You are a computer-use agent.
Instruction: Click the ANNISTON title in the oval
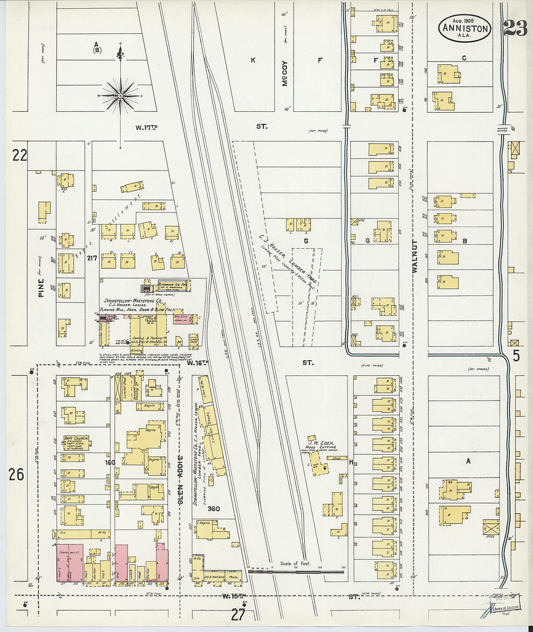[x=465, y=29]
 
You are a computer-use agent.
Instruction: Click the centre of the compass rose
[x=120, y=96]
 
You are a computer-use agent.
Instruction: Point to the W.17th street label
[x=147, y=127]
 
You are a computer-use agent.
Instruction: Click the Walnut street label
[x=414, y=256]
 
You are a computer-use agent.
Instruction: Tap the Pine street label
[x=41, y=288]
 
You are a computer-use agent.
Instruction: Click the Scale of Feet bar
[x=296, y=571]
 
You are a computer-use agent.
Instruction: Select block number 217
[x=92, y=259]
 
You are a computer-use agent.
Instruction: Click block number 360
[x=213, y=509]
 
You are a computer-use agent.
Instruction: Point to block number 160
[x=110, y=462]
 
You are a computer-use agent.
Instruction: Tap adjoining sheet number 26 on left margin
[x=16, y=474]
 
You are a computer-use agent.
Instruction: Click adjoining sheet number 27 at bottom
[x=237, y=615]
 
